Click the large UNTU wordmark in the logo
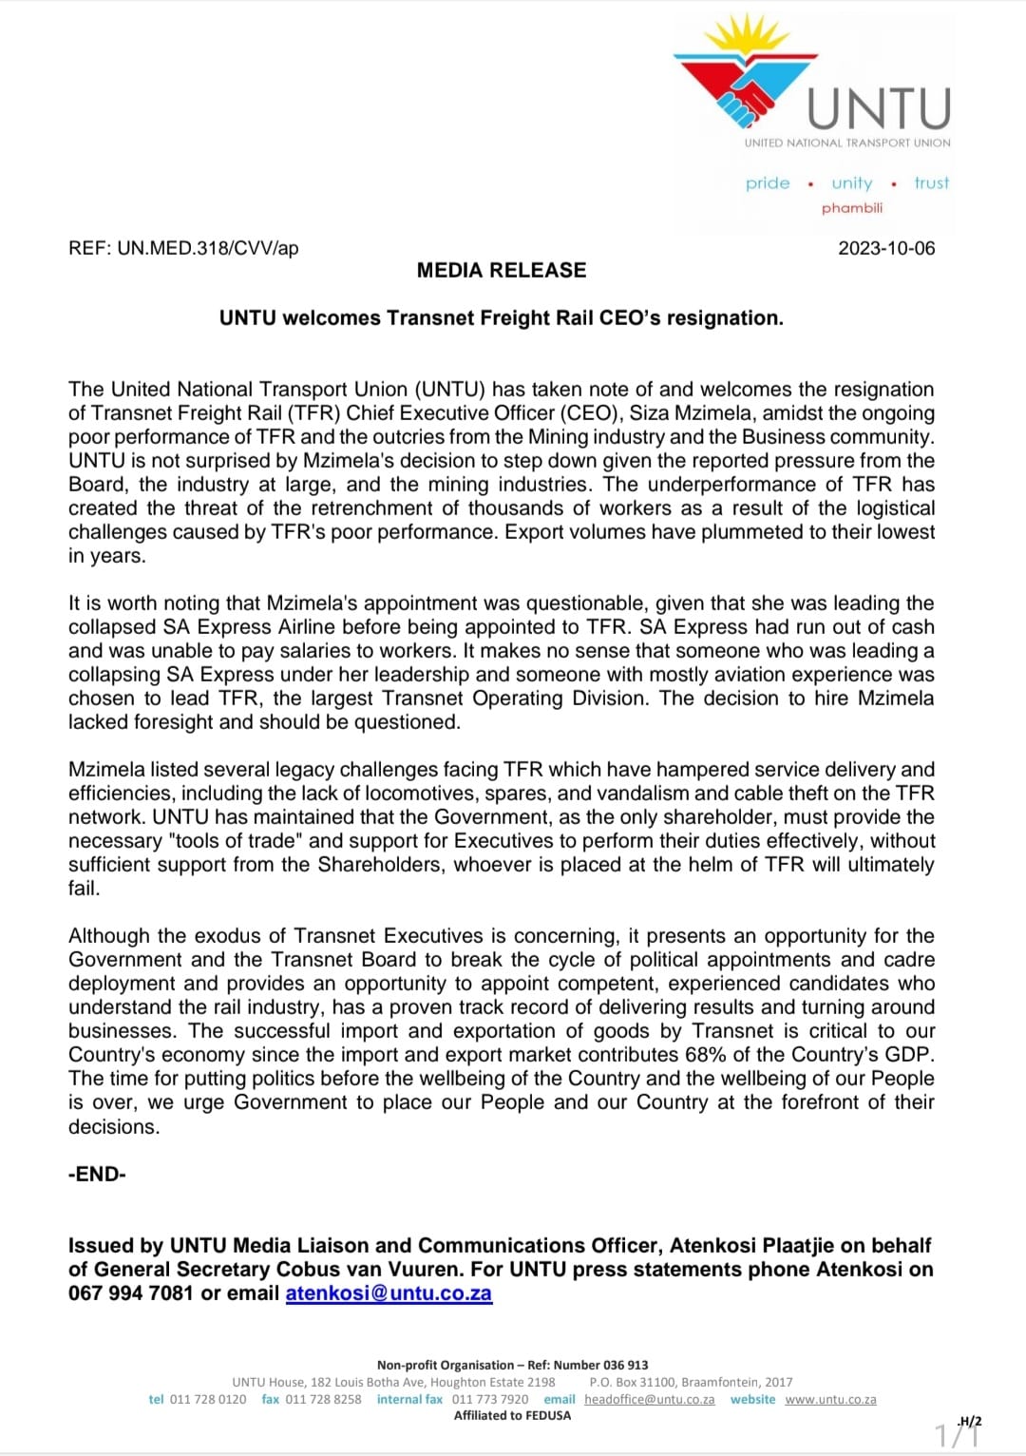click(879, 109)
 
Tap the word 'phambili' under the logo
click(852, 208)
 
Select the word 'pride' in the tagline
click(768, 183)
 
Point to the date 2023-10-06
click(886, 248)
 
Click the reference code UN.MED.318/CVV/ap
click(207, 248)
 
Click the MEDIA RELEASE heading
click(502, 270)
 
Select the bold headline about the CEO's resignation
click(502, 318)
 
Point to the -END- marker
click(97, 1174)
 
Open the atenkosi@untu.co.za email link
click(389, 1293)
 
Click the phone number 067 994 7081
click(130, 1293)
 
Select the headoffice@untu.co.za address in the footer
click(649, 1400)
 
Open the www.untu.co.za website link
click(830, 1400)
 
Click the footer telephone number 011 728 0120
click(207, 1400)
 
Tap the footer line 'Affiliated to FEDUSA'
click(513, 1416)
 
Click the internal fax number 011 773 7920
click(490, 1400)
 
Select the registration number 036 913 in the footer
click(626, 1366)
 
